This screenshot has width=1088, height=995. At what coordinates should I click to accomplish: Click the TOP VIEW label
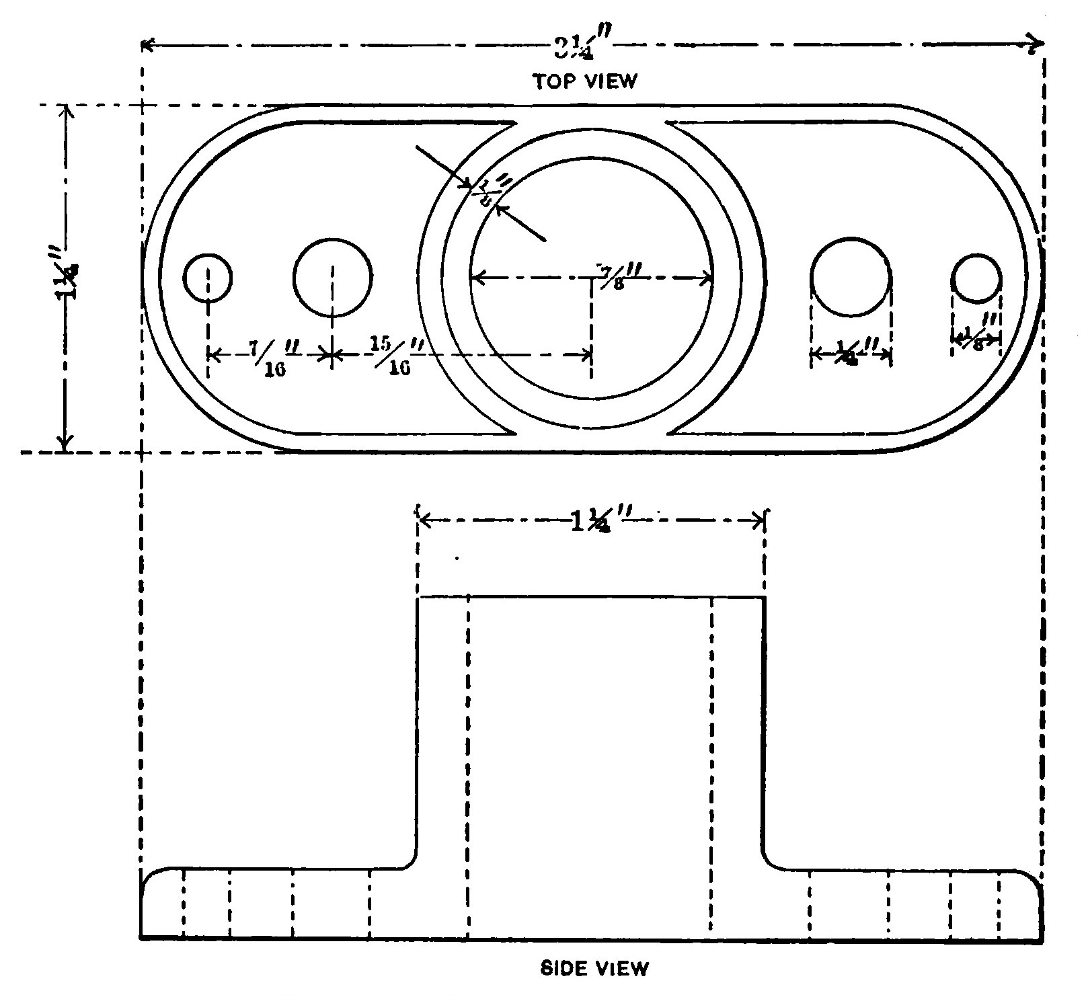(585, 81)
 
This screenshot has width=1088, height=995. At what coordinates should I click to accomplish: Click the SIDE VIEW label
(595, 969)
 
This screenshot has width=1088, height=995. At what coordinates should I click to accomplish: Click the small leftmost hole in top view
(208, 277)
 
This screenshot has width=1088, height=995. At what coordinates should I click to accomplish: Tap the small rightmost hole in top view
(976, 278)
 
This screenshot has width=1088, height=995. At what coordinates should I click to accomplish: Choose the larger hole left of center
(332, 277)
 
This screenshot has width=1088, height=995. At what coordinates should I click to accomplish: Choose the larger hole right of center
(851, 277)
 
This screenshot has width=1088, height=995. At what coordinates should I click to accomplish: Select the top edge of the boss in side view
(591, 596)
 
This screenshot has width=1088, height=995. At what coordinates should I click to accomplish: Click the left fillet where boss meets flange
(410, 861)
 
